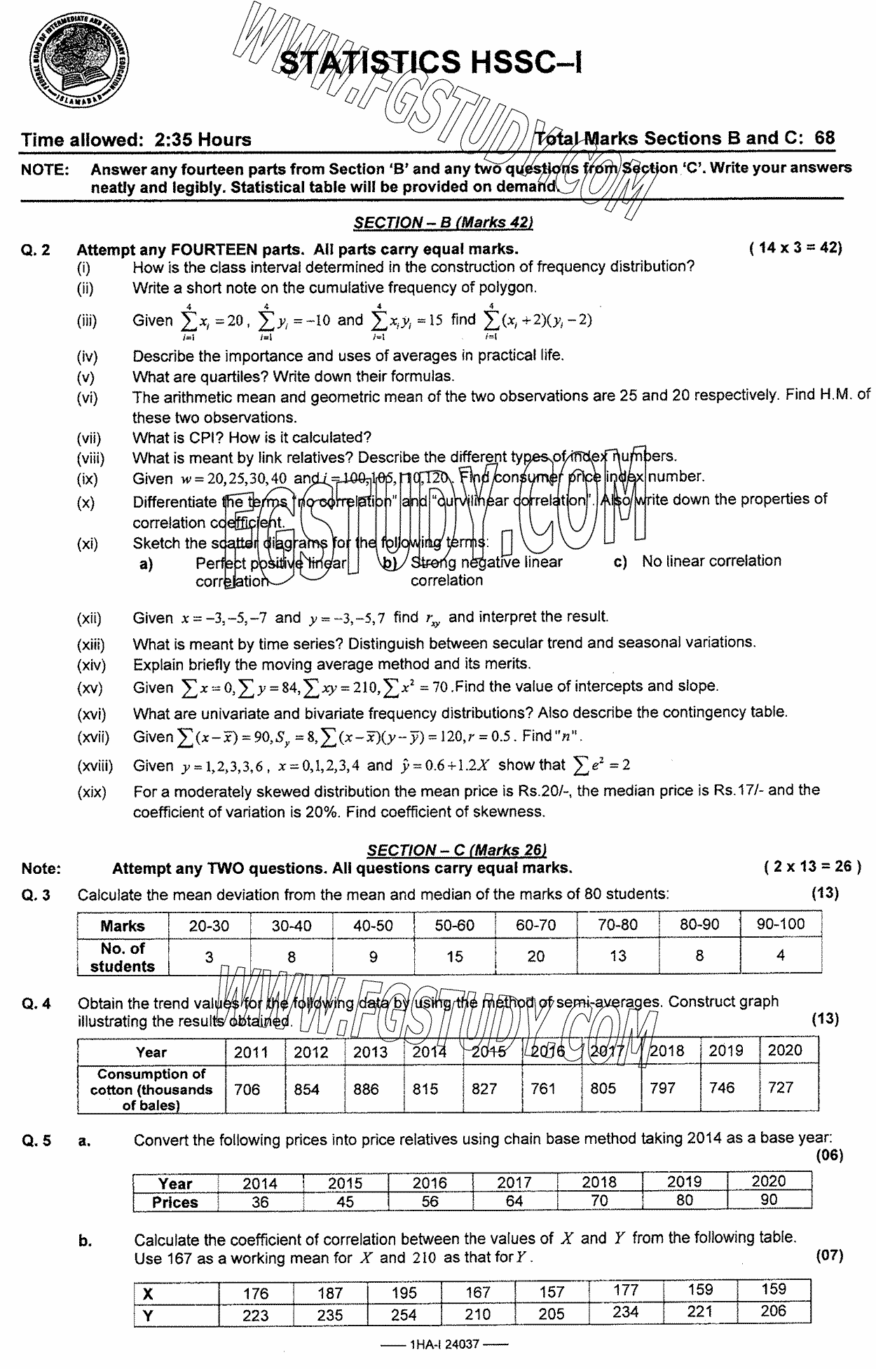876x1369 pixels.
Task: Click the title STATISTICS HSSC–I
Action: click(430, 62)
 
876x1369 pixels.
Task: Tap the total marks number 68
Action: click(825, 137)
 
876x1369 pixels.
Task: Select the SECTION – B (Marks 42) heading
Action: click(443, 222)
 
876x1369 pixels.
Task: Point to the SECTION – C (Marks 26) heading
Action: click(456, 850)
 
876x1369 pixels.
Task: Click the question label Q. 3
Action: click(36, 894)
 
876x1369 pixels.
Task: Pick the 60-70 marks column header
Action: click(535, 925)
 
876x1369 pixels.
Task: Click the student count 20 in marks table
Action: click(535, 956)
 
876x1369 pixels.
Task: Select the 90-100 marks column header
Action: click(780, 924)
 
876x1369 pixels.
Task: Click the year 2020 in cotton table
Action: click(785, 1050)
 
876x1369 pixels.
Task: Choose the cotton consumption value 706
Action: click(247, 1088)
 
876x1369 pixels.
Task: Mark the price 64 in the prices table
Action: click(514, 1201)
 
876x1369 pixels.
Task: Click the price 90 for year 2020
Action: click(769, 1199)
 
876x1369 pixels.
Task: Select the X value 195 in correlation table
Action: click(404, 1293)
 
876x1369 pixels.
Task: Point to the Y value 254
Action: click(404, 1315)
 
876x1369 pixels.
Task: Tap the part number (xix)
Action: click(91, 793)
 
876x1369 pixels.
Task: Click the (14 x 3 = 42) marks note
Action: click(795, 247)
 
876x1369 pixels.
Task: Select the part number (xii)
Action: click(89, 619)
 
